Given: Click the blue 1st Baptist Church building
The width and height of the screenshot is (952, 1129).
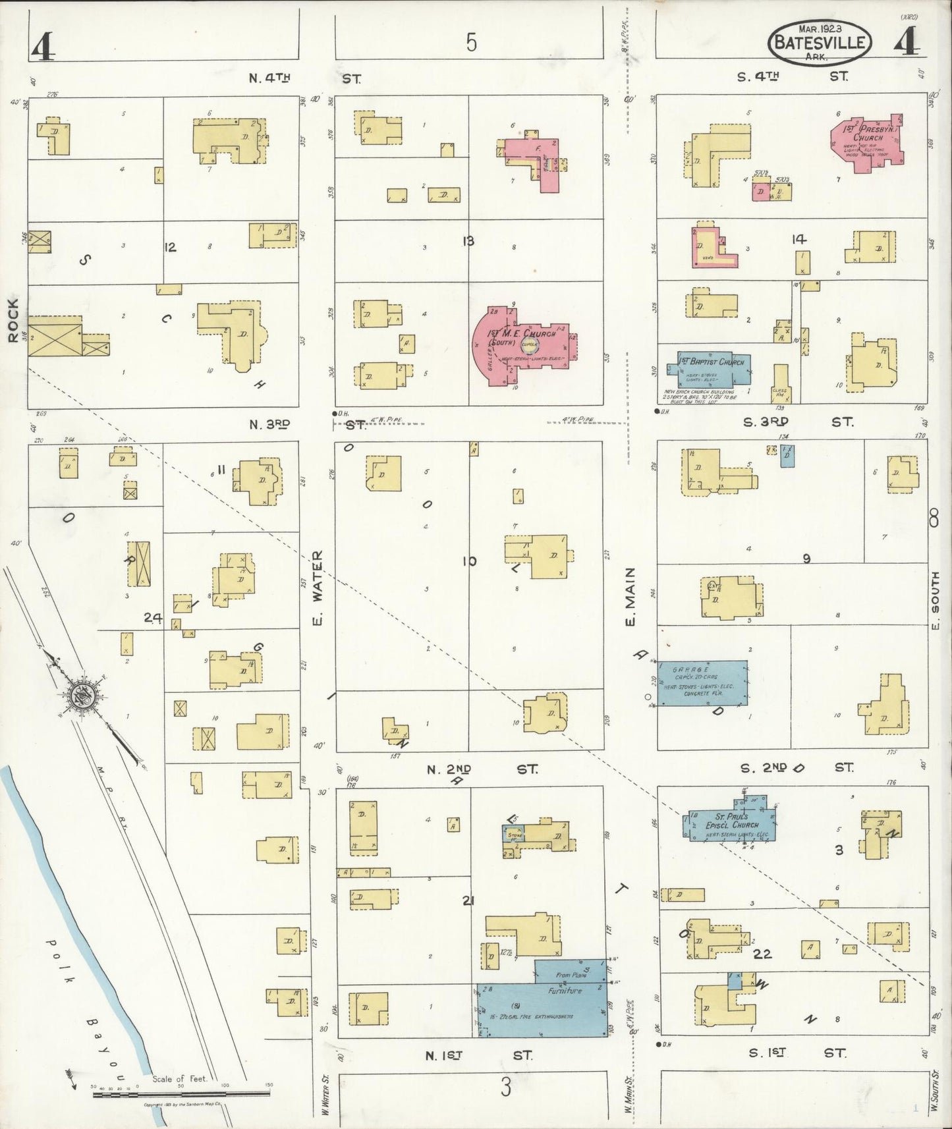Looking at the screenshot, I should pos(713,369).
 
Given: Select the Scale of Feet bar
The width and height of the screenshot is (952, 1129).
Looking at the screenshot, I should pos(181,1093).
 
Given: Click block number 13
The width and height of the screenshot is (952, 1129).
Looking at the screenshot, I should pos(468,242).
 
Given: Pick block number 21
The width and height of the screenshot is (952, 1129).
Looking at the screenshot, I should pos(468,900).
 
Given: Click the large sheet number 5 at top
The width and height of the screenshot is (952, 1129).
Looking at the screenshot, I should pos(471,43).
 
